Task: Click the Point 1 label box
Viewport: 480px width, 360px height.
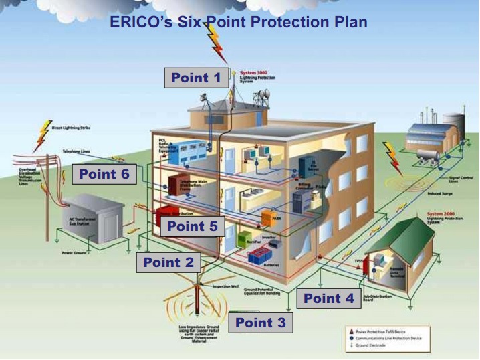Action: click(x=195, y=78)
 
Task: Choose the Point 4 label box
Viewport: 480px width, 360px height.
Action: click(x=329, y=298)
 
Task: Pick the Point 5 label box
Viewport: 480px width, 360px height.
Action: click(x=192, y=226)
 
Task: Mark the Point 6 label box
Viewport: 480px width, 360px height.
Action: click(x=104, y=175)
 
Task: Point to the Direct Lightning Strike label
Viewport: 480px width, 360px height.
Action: click(x=74, y=127)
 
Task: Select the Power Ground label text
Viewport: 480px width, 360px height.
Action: click(x=75, y=254)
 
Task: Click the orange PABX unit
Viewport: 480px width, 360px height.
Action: click(x=271, y=217)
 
